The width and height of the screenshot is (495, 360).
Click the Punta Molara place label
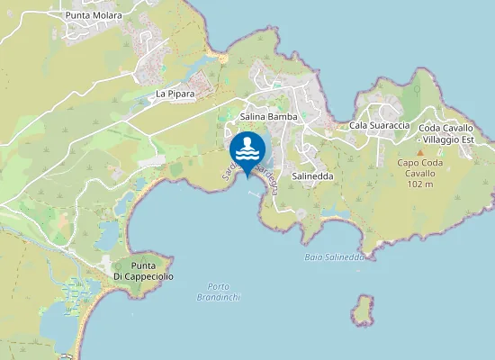[94, 15]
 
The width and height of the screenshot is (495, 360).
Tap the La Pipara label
[175, 94]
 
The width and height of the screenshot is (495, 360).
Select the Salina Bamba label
[269, 117]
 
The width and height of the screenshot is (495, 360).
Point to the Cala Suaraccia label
[380, 125]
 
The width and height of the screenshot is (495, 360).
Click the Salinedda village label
[312, 176]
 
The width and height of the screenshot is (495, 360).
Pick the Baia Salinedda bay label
[334, 256]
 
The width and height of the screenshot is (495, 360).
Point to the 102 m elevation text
[420, 184]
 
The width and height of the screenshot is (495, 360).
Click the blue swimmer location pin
[247, 148]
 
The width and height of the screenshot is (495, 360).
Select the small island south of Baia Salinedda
[363, 311]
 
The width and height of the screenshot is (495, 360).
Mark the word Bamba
[283, 117]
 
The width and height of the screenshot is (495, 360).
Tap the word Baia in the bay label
[313, 256]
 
